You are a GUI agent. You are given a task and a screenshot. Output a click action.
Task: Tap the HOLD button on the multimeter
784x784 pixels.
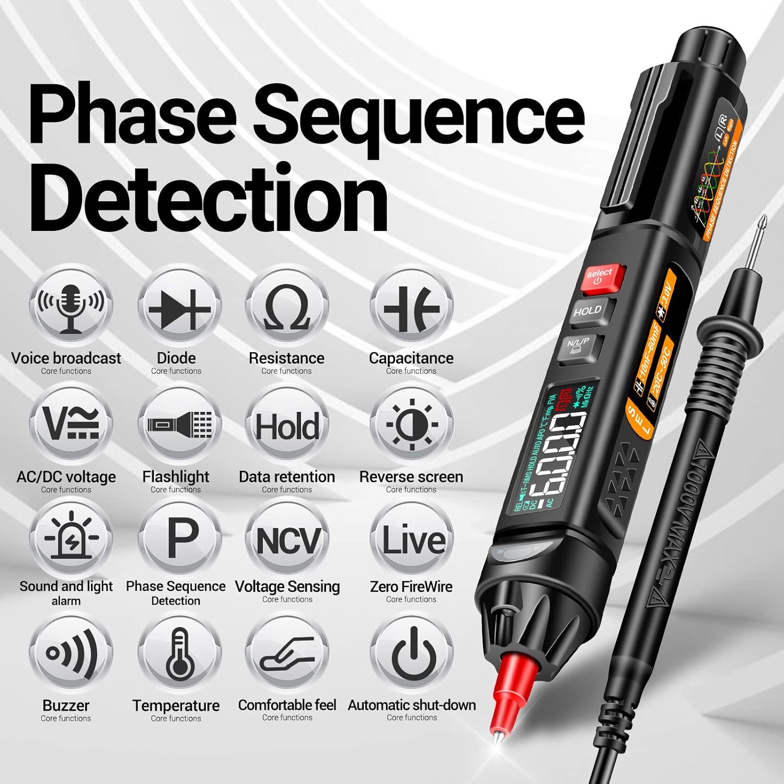pyautogui.click(x=587, y=312)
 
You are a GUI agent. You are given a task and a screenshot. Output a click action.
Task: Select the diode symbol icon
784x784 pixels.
pyautogui.click(x=179, y=308)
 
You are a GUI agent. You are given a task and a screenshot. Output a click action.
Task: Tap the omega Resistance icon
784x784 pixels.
pyautogui.click(x=287, y=308)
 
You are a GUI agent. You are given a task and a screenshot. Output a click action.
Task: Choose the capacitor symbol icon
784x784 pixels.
pyautogui.click(x=411, y=308)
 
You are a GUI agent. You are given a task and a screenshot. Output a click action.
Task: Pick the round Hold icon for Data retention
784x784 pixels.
pyautogui.click(x=287, y=426)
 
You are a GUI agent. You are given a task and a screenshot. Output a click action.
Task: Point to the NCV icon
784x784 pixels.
pyautogui.click(x=287, y=540)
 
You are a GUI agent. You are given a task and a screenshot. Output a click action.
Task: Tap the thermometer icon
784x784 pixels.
pyautogui.click(x=179, y=653)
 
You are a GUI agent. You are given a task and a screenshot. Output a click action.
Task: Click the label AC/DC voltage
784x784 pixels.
pyautogui.click(x=66, y=477)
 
